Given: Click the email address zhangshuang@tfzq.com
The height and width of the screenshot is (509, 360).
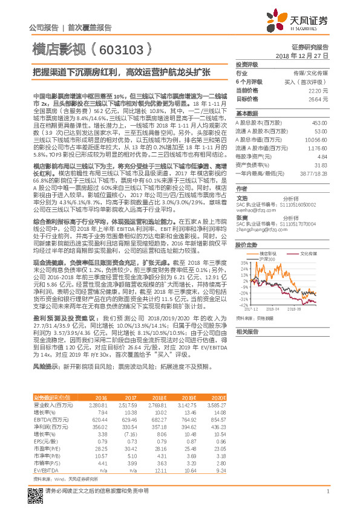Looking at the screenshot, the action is [x=257, y=230].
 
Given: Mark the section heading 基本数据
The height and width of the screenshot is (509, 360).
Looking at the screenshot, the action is [x=246, y=114].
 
